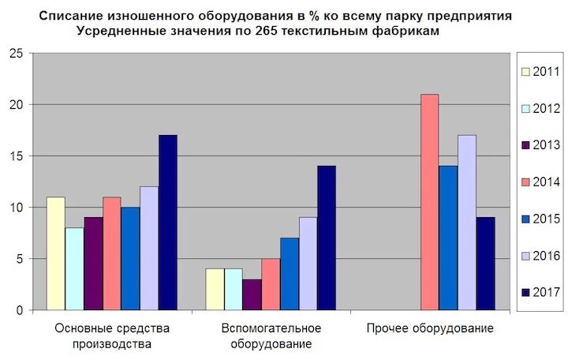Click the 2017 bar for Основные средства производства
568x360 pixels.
tap(167, 223)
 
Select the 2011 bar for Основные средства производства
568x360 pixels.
tap(55, 253)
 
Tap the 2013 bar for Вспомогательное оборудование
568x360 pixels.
tap(252, 294)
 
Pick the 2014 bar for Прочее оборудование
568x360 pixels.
tap(429, 202)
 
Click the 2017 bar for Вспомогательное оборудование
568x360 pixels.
tap(326, 238)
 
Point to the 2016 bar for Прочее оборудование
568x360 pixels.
tap(467, 223)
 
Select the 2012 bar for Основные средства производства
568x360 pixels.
tap(74, 268)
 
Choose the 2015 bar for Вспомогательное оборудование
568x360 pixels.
tap(289, 274)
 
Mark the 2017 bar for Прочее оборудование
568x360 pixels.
tap(485, 264)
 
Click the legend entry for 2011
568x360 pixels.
tap(540, 72)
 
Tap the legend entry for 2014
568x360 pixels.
tap(540, 182)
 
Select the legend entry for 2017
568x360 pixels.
tap(540, 292)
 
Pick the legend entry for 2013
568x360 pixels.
tap(540, 145)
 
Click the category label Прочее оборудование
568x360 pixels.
tap(430, 328)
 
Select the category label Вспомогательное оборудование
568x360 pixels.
tap(271, 336)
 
